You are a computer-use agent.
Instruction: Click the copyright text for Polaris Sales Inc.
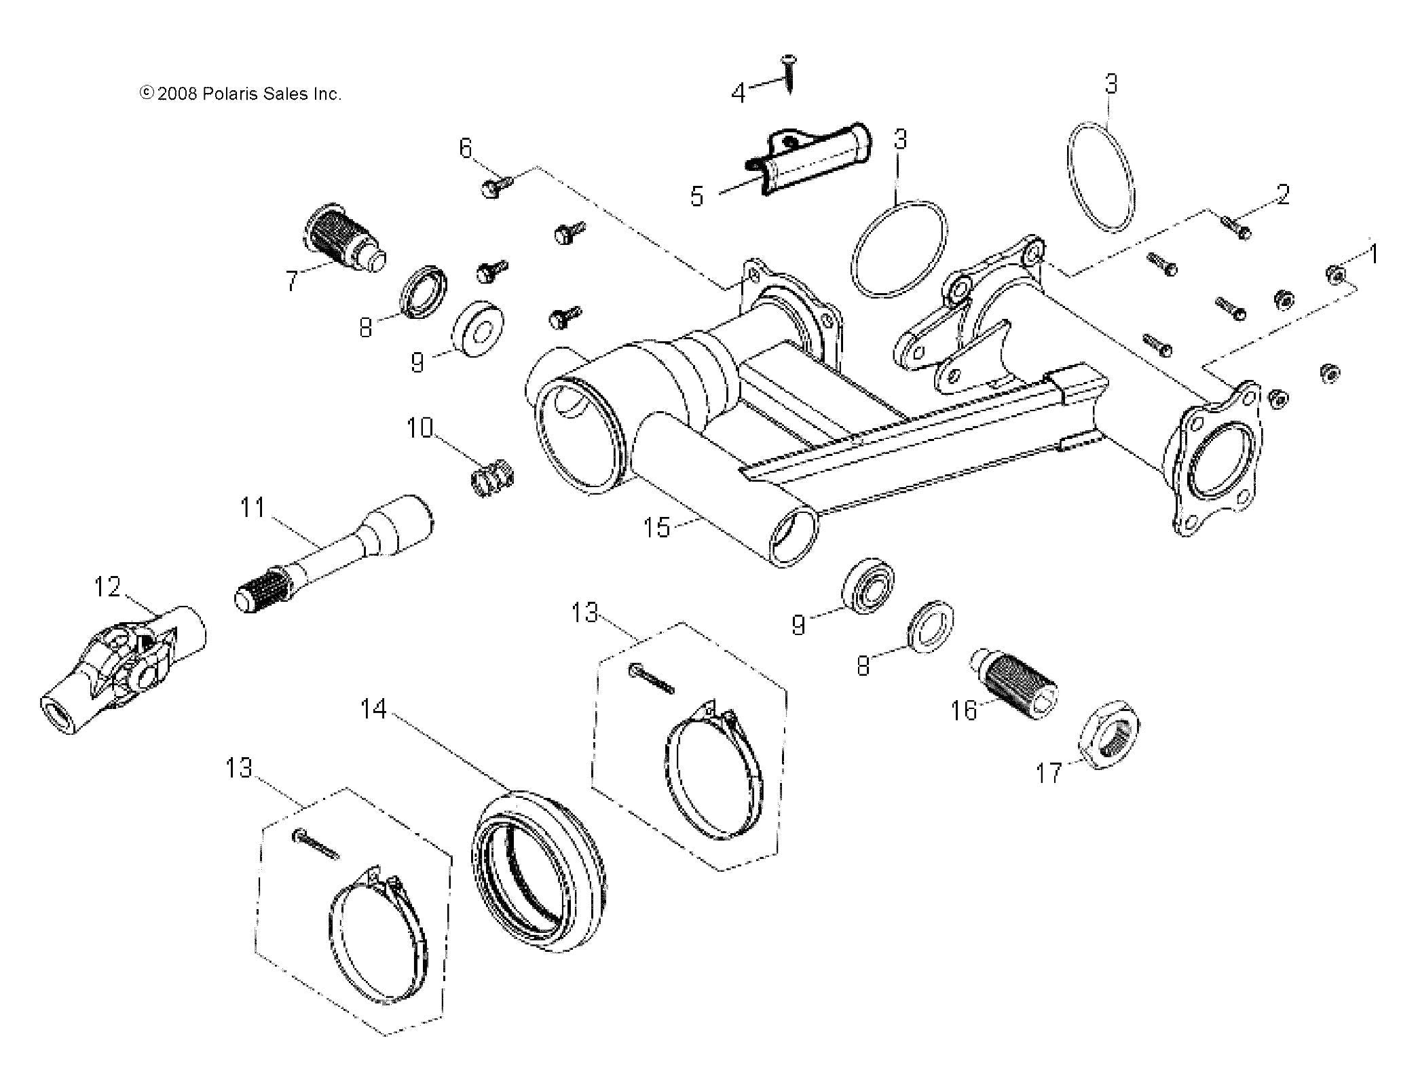pyautogui.click(x=240, y=94)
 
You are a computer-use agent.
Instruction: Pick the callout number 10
pyautogui.click(x=419, y=428)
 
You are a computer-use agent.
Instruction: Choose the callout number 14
pyautogui.click(x=373, y=710)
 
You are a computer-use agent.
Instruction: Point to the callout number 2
pyautogui.click(x=1282, y=195)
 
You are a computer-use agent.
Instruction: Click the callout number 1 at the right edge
pyautogui.click(x=1373, y=254)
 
